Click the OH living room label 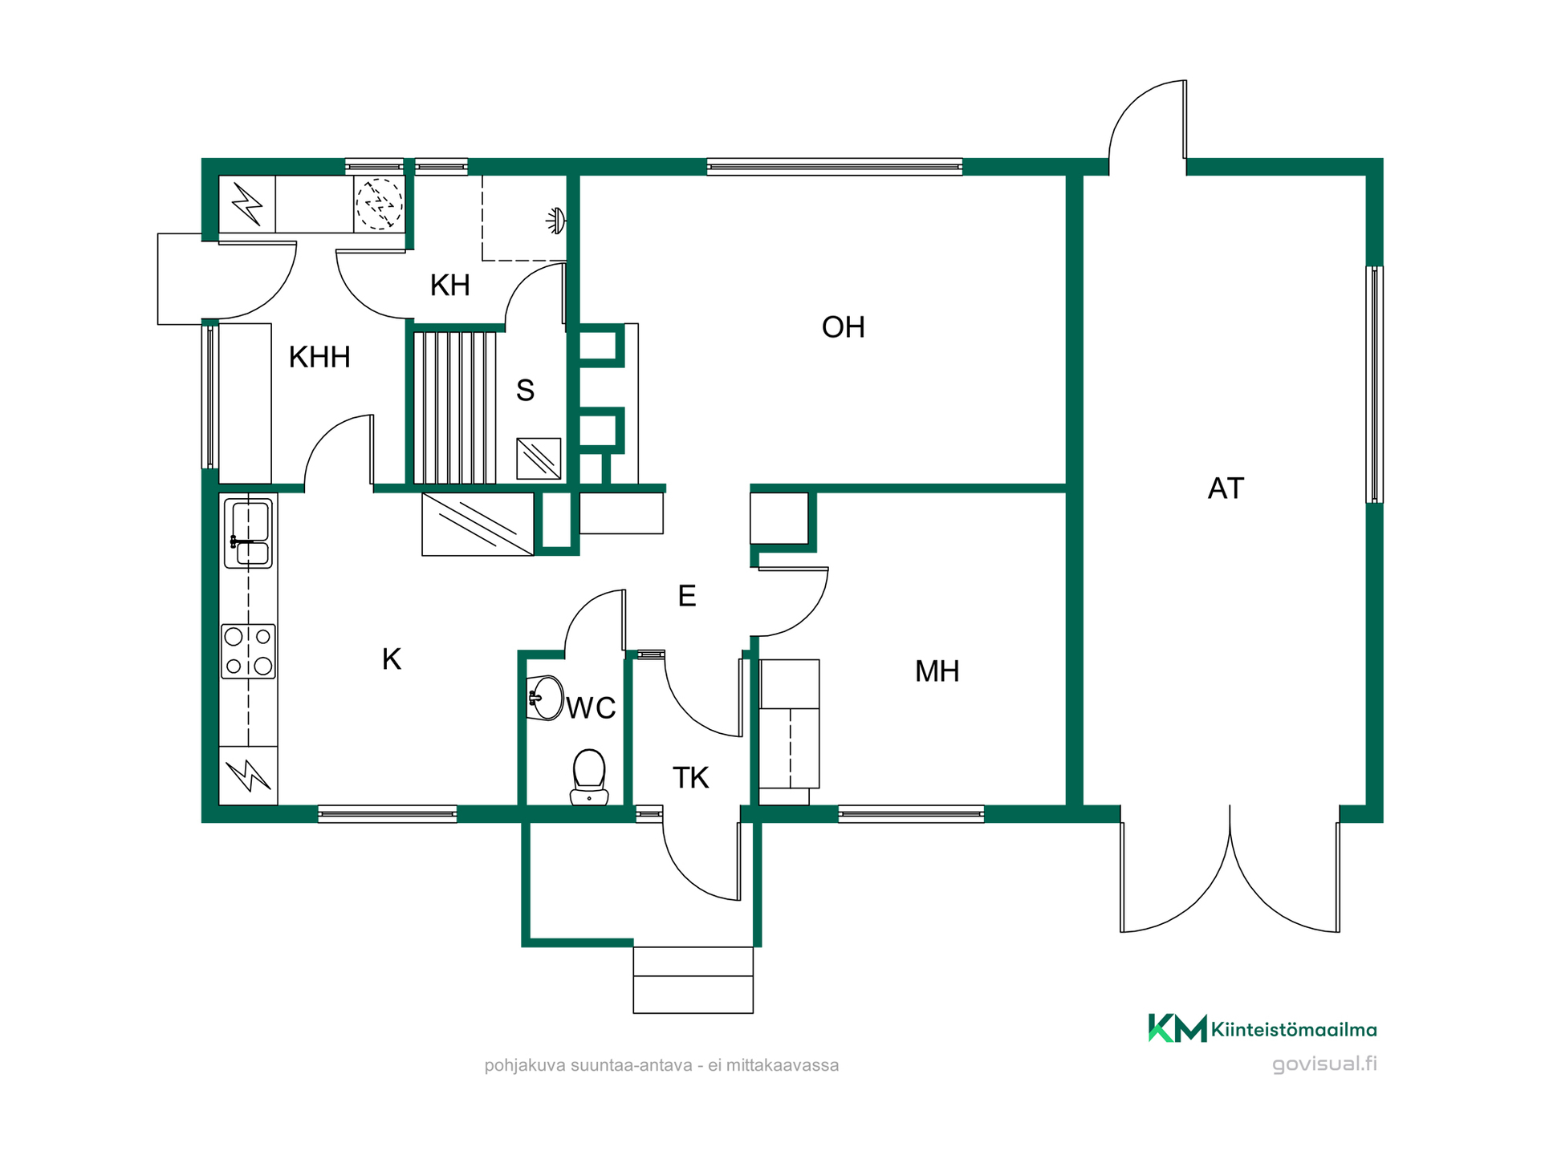pos(843,327)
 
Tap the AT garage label pos(1226,488)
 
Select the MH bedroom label pos(937,671)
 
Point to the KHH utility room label pos(319,357)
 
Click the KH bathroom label pos(449,285)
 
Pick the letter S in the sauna pos(525,391)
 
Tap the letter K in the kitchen pos(392,659)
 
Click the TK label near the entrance pos(690,778)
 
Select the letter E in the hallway pos(686,596)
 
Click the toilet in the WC pos(589,776)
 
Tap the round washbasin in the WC pos(545,698)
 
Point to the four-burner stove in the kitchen pos(248,651)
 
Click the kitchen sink pos(248,533)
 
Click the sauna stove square pos(539,459)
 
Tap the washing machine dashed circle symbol pos(379,204)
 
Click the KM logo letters pos(1177,1027)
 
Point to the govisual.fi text pos(1324,1064)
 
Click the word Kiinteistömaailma pos(1294,1030)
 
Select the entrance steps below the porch pos(693,980)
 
